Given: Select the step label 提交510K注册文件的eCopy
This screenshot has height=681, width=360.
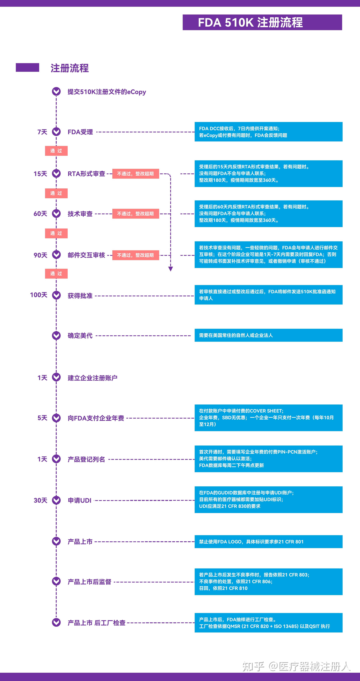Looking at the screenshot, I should (x=106, y=92).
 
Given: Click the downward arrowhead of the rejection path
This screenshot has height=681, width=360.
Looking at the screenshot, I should (x=170, y=269).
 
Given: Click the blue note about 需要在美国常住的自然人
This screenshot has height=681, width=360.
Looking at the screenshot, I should (x=268, y=335).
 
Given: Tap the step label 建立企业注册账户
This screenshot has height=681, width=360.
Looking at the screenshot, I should (x=92, y=378).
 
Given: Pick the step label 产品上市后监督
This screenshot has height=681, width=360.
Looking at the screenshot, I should (x=89, y=582).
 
